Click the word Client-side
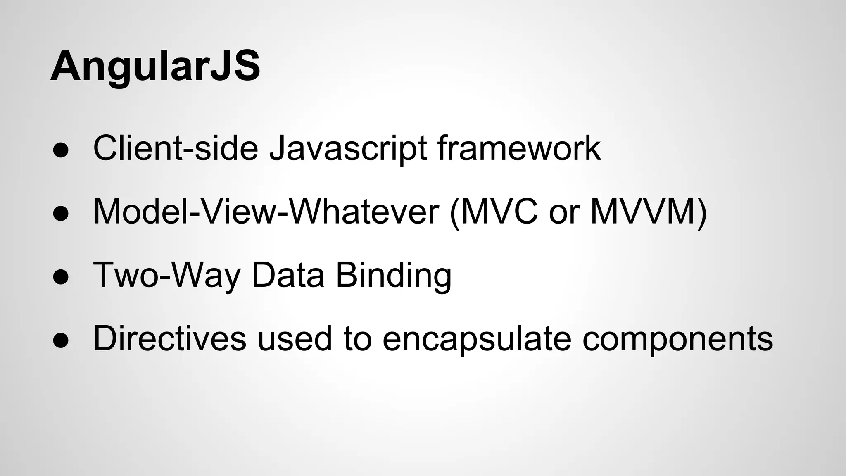(176, 148)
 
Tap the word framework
(519, 148)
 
